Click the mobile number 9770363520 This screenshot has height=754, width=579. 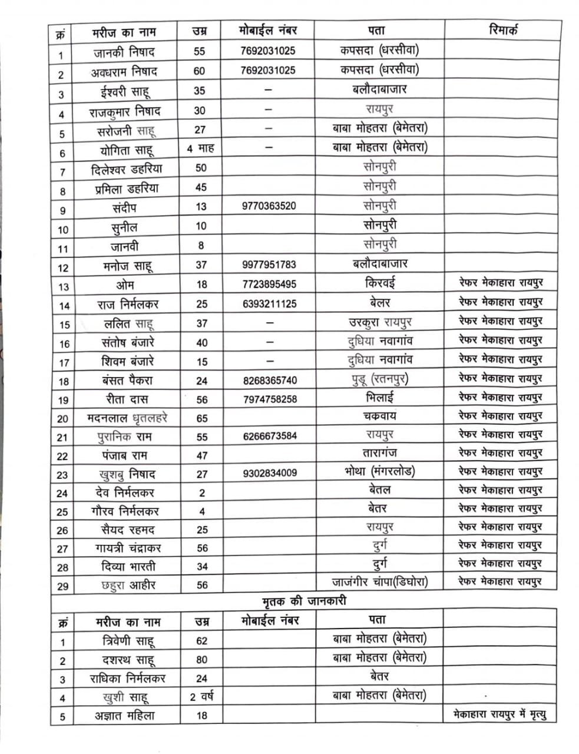point(269,206)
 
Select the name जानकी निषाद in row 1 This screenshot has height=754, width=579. point(124,52)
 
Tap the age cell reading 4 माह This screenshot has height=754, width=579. point(200,148)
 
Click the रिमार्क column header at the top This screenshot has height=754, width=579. point(503,30)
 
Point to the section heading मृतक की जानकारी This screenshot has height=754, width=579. point(304,601)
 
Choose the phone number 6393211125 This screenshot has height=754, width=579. point(270,304)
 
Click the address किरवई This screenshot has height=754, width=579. point(380,283)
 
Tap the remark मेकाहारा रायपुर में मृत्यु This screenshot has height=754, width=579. point(500,715)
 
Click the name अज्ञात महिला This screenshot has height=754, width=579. point(125,716)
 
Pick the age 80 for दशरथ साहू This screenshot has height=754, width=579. point(201,660)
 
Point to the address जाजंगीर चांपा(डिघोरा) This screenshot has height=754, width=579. point(380,582)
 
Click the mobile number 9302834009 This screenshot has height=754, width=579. point(270,473)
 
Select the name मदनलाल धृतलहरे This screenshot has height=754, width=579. point(127,418)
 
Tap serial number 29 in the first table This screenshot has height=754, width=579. point(62,586)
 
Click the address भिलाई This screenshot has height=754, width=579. point(380,398)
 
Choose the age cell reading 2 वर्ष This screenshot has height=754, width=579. point(201,697)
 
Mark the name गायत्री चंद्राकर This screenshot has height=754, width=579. point(128,548)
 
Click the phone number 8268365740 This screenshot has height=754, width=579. point(270,381)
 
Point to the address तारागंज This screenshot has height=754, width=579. point(380,454)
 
